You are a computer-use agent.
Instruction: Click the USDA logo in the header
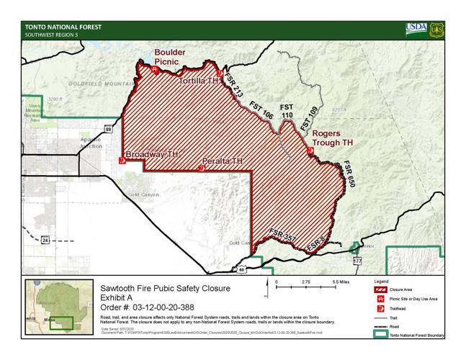coord(416,30)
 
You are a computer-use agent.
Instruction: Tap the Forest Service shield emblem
coord(436,30)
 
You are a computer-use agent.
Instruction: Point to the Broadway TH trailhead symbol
coord(122,161)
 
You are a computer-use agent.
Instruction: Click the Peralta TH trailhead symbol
coord(201,168)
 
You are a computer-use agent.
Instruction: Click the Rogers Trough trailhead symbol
coord(310,151)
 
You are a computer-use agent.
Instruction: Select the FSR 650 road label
coord(350,175)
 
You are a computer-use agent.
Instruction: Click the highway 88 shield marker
coord(108,129)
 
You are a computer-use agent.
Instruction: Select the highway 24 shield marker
coord(45,240)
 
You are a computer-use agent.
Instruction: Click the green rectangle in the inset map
coord(66,322)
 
